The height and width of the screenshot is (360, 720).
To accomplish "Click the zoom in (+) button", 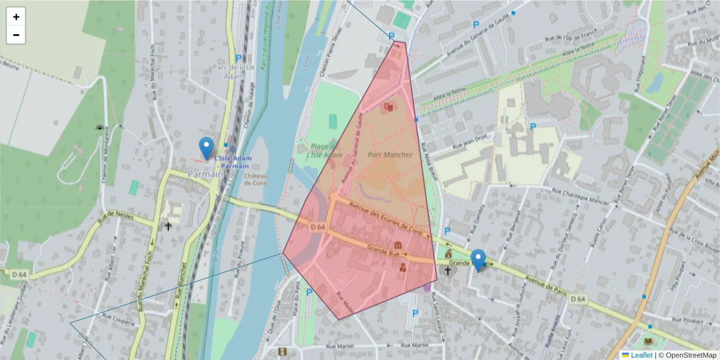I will click(x=16, y=17).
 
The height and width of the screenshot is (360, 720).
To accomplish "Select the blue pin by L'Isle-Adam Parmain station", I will click(x=206, y=148).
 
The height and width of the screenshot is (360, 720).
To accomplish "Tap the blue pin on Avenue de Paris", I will click(x=478, y=260).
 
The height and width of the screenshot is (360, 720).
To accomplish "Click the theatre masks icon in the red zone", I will click(x=388, y=107).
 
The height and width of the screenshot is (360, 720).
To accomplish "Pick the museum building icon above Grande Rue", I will click(x=398, y=245).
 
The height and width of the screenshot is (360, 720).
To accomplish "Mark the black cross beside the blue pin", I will click(x=447, y=271).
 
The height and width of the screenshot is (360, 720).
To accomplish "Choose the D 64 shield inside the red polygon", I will click(x=317, y=227).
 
